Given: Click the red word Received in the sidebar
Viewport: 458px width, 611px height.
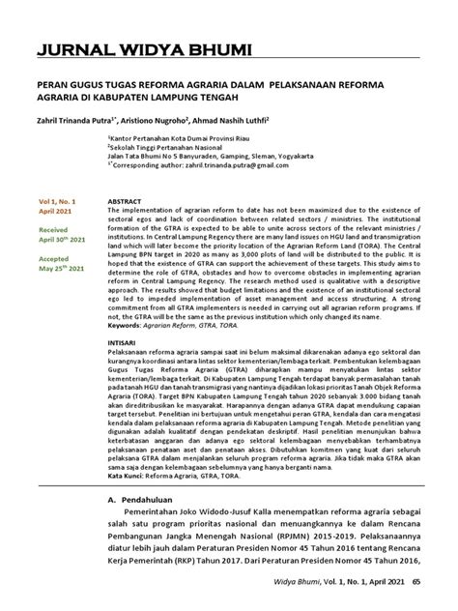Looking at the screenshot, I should [52, 230].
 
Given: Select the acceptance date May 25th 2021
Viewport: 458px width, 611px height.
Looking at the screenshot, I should [62, 268].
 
